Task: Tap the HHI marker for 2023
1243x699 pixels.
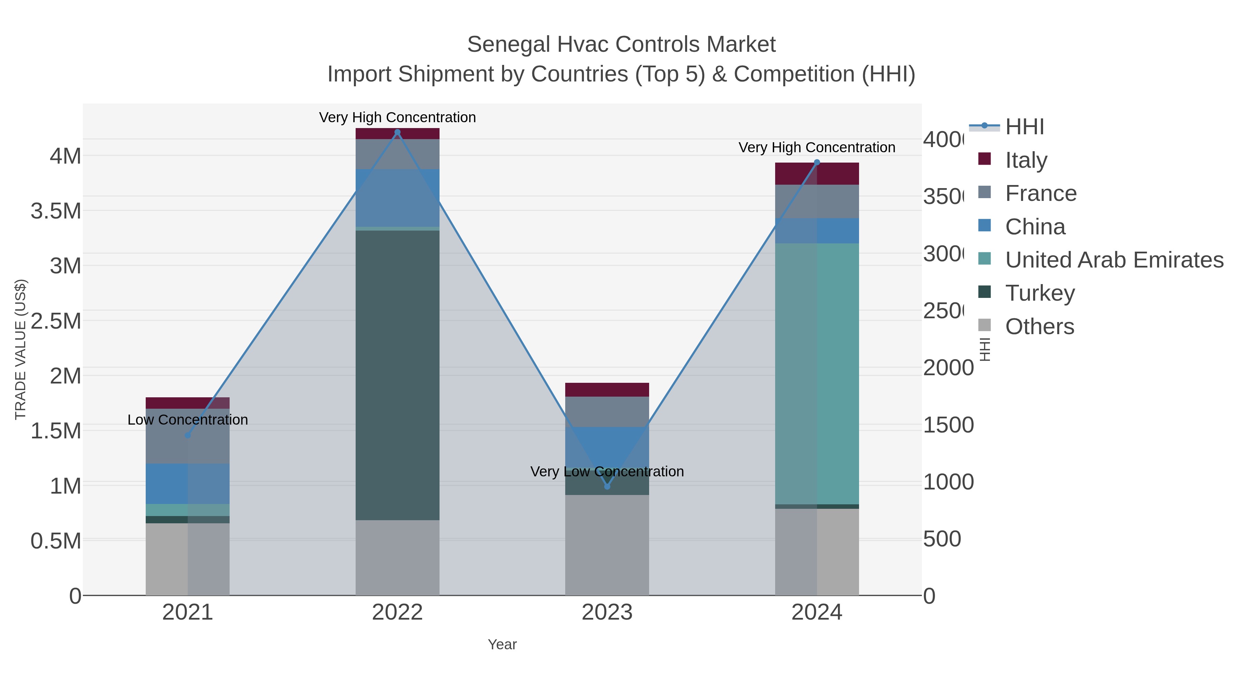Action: [x=607, y=486]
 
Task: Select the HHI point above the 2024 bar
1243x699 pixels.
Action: [x=817, y=163]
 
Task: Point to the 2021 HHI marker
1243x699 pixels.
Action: [x=188, y=435]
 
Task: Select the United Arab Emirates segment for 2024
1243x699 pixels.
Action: [x=817, y=373]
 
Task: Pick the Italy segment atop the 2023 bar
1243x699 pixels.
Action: [x=607, y=389]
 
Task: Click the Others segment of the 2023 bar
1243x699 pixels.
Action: [x=607, y=545]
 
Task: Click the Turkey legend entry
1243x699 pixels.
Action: [x=1040, y=293]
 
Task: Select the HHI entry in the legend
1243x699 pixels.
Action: [x=1024, y=127]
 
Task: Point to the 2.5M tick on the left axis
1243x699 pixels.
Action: [x=56, y=321]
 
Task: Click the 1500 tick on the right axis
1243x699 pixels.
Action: [x=948, y=425]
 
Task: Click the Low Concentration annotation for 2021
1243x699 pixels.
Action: [x=188, y=420]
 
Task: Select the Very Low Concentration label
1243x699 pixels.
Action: [x=607, y=471]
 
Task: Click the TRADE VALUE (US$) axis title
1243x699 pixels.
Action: [x=20, y=349]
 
